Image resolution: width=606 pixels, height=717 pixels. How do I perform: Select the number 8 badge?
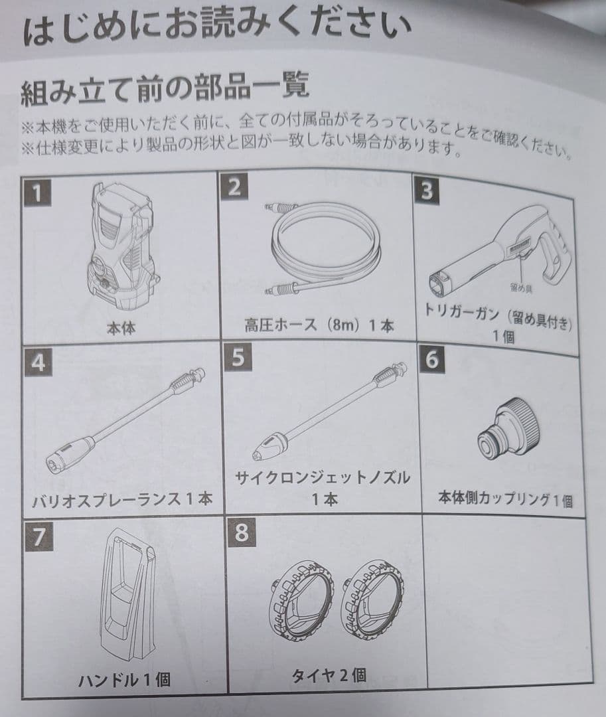(241, 532)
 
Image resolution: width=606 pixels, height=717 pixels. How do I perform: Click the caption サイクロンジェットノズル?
(323, 478)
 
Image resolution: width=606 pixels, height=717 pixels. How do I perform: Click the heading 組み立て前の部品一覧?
(165, 88)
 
